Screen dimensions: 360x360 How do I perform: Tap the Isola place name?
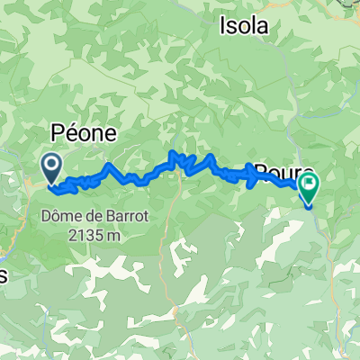(244, 27)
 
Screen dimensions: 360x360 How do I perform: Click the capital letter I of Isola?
(222, 27)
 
